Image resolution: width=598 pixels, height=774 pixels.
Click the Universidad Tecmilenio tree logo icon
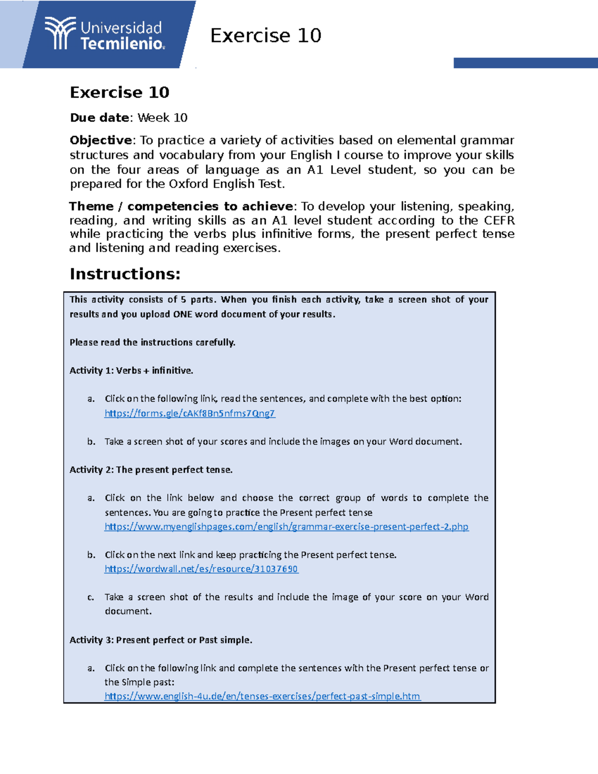[x=60, y=33]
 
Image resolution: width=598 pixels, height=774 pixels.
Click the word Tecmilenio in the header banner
[x=123, y=44]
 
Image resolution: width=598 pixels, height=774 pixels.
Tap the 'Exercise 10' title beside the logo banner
[x=266, y=35]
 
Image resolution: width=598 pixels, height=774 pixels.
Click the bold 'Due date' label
[x=100, y=118]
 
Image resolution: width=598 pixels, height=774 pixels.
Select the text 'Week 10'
[x=162, y=118]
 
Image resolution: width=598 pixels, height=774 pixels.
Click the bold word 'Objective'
[x=101, y=140]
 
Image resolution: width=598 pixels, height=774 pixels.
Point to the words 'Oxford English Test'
[x=226, y=184]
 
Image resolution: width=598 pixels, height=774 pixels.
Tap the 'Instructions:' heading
[x=125, y=274]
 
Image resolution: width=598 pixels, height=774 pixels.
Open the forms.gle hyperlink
[x=190, y=413]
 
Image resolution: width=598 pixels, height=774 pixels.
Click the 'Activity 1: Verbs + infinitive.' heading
[x=132, y=370]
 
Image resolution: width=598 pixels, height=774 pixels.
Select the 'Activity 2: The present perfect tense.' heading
[x=151, y=469]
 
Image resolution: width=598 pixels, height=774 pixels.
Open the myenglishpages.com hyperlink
[x=287, y=526]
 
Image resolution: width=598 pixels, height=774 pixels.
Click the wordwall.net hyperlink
[x=201, y=569]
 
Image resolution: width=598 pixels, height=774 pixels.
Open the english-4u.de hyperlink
[x=262, y=696]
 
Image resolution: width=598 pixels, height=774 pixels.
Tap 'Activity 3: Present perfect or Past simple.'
[x=161, y=640]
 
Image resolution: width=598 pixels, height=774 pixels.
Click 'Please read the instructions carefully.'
[x=152, y=342]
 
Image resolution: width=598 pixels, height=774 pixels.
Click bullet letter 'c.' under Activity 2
[x=91, y=597]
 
